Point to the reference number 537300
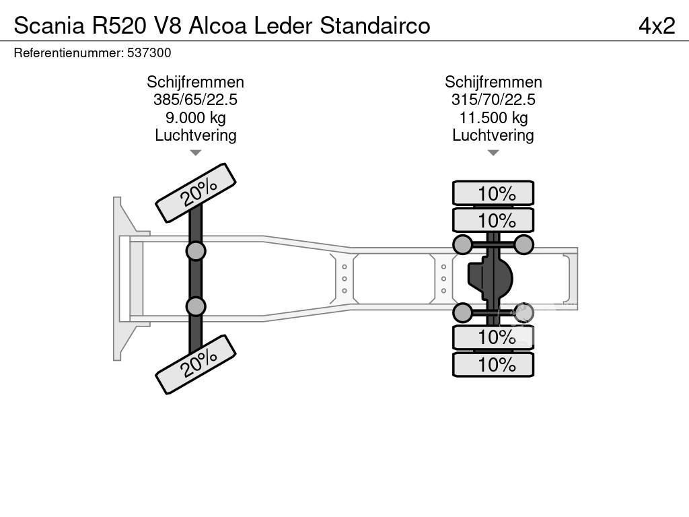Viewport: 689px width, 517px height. [x=149, y=53]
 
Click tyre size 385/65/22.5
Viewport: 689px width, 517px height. [x=195, y=100]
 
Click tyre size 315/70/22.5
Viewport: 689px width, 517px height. [x=493, y=100]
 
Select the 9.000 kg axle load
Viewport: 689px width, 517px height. [x=195, y=118]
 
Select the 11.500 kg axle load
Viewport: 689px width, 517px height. [x=493, y=118]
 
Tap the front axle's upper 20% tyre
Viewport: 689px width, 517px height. [x=196, y=193]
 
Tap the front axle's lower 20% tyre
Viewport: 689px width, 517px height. [x=196, y=364]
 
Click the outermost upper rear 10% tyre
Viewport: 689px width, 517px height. [x=493, y=193]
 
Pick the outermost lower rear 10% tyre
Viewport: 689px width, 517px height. [x=493, y=365]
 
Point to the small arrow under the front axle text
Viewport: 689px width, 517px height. [x=195, y=153]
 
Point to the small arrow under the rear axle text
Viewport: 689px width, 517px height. [x=493, y=153]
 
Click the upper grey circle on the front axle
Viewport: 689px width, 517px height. [x=195, y=251]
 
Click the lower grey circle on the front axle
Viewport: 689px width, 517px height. [x=195, y=306]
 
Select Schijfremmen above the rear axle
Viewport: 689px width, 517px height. [x=493, y=82]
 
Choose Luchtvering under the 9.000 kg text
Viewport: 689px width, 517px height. [x=195, y=135]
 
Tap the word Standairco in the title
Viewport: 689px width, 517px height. [x=375, y=25]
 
